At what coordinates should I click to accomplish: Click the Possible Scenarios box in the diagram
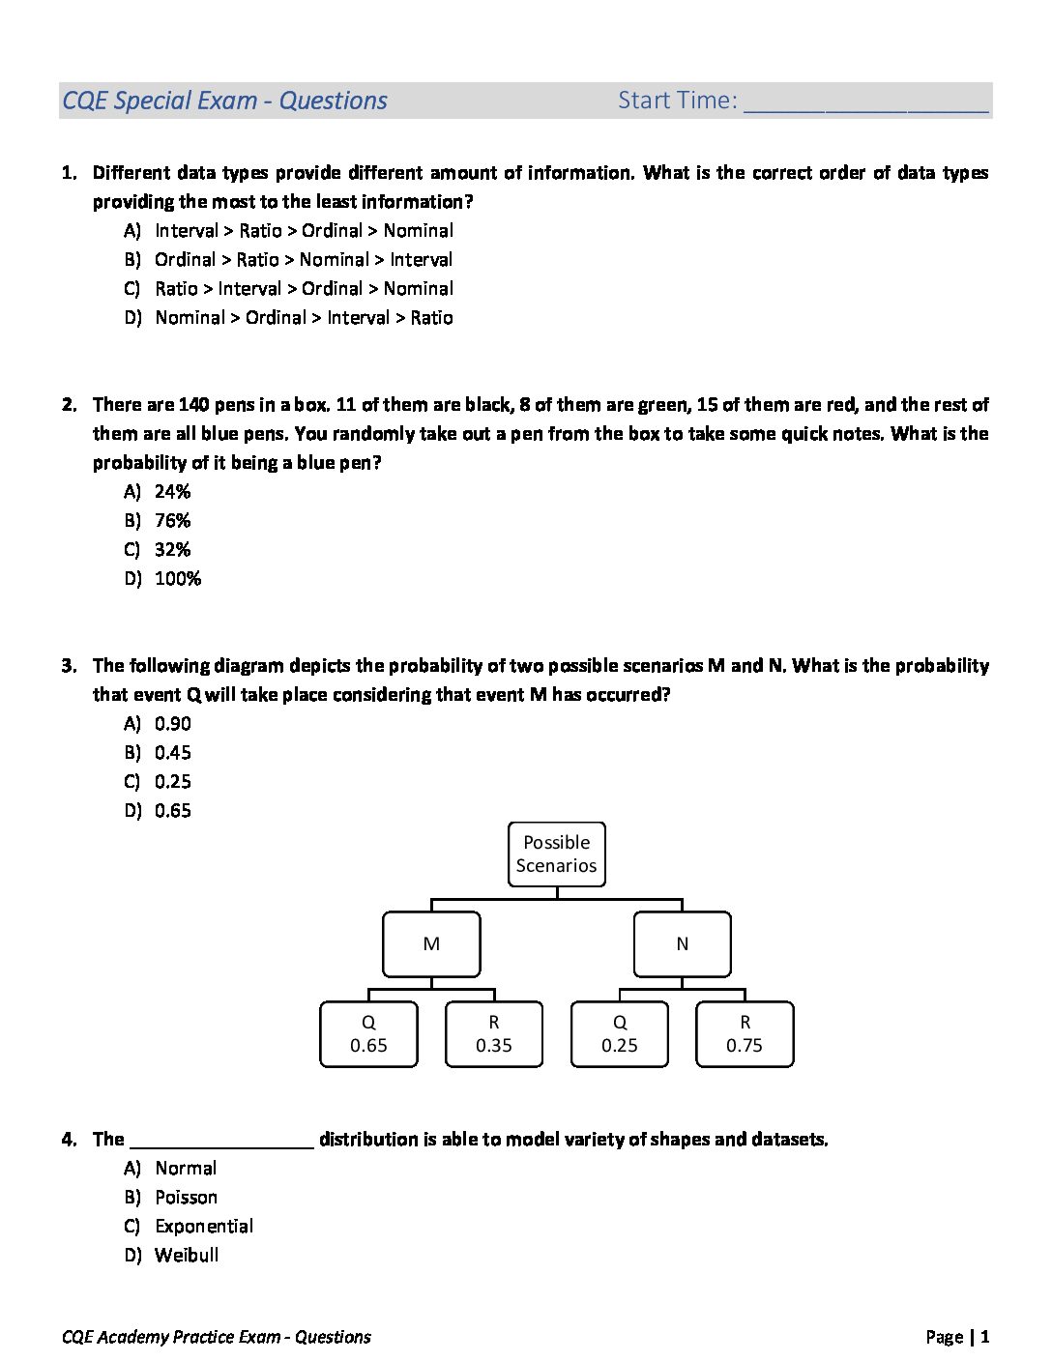coord(556,854)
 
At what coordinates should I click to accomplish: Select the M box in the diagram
coord(431,944)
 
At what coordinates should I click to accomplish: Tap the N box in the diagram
coord(682,944)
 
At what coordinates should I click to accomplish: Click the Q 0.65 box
coord(368,1034)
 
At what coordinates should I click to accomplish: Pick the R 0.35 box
coord(494,1034)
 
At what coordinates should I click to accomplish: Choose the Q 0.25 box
coord(620,1034)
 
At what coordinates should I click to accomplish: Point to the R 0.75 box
coord(745,1034)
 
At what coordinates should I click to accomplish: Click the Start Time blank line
coord(866,104)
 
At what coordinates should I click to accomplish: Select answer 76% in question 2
coord(172,520)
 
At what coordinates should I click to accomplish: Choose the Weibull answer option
coord(187,1255)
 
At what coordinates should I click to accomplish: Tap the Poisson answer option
coord(186,1197)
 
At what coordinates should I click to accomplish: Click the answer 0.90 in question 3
coord(172,723)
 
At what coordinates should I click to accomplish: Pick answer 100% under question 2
coord(178,578)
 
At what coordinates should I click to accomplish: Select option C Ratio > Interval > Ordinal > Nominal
coord(304,288)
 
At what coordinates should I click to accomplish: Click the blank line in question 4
coord(221,1141)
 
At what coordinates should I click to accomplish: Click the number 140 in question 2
coord(193,404)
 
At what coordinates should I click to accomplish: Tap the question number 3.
coord(69,665)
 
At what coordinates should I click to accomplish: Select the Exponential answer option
coord(204,1226)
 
